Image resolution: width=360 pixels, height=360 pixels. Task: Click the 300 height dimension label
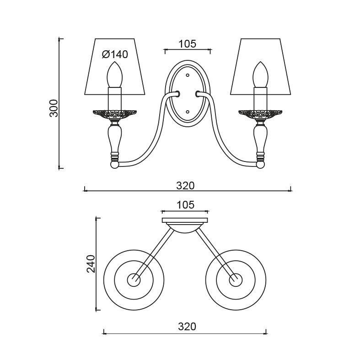pos(54,108)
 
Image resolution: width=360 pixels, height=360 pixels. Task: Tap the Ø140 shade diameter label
pos(115,54)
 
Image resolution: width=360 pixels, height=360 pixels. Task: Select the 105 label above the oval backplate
pos(188,43)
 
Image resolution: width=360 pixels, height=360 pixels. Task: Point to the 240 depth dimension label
pos(91,263)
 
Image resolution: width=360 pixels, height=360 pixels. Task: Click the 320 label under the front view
pos(185,186)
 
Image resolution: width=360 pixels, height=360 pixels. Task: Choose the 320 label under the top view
pos(187,327)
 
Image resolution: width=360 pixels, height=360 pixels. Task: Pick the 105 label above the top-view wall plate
pos(186,205)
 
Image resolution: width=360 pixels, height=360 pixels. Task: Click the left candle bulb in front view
pos(115,75)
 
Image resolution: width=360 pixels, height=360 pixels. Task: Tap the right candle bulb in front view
pos(261,75)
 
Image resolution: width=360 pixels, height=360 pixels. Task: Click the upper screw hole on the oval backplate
pos(188,75)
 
